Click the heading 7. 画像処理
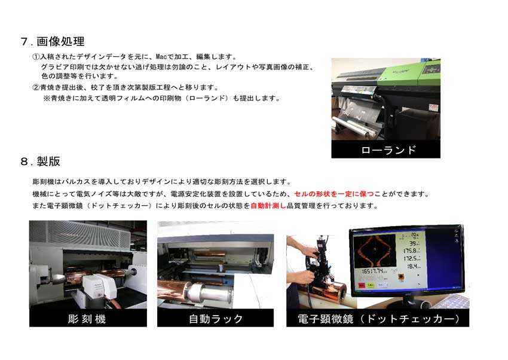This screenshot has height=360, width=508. point(52,41)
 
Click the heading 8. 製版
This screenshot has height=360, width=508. point(40,161)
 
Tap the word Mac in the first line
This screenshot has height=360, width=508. point(161,57)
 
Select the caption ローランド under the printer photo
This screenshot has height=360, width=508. point(388,150)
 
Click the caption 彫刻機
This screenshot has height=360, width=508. point(87,319)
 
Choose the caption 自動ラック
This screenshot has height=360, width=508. point(215,319)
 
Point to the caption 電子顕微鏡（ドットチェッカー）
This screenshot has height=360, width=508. point(378,319)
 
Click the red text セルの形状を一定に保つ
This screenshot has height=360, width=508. point(333,194)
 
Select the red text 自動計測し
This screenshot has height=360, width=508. point(268,206)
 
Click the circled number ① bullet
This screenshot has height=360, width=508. point(36,57)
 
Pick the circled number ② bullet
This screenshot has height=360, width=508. point(36,87)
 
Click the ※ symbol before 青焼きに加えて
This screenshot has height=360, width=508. point(47,98)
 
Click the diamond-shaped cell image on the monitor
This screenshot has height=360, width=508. point(375,252)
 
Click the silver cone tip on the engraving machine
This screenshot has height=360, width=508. point(57,278)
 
